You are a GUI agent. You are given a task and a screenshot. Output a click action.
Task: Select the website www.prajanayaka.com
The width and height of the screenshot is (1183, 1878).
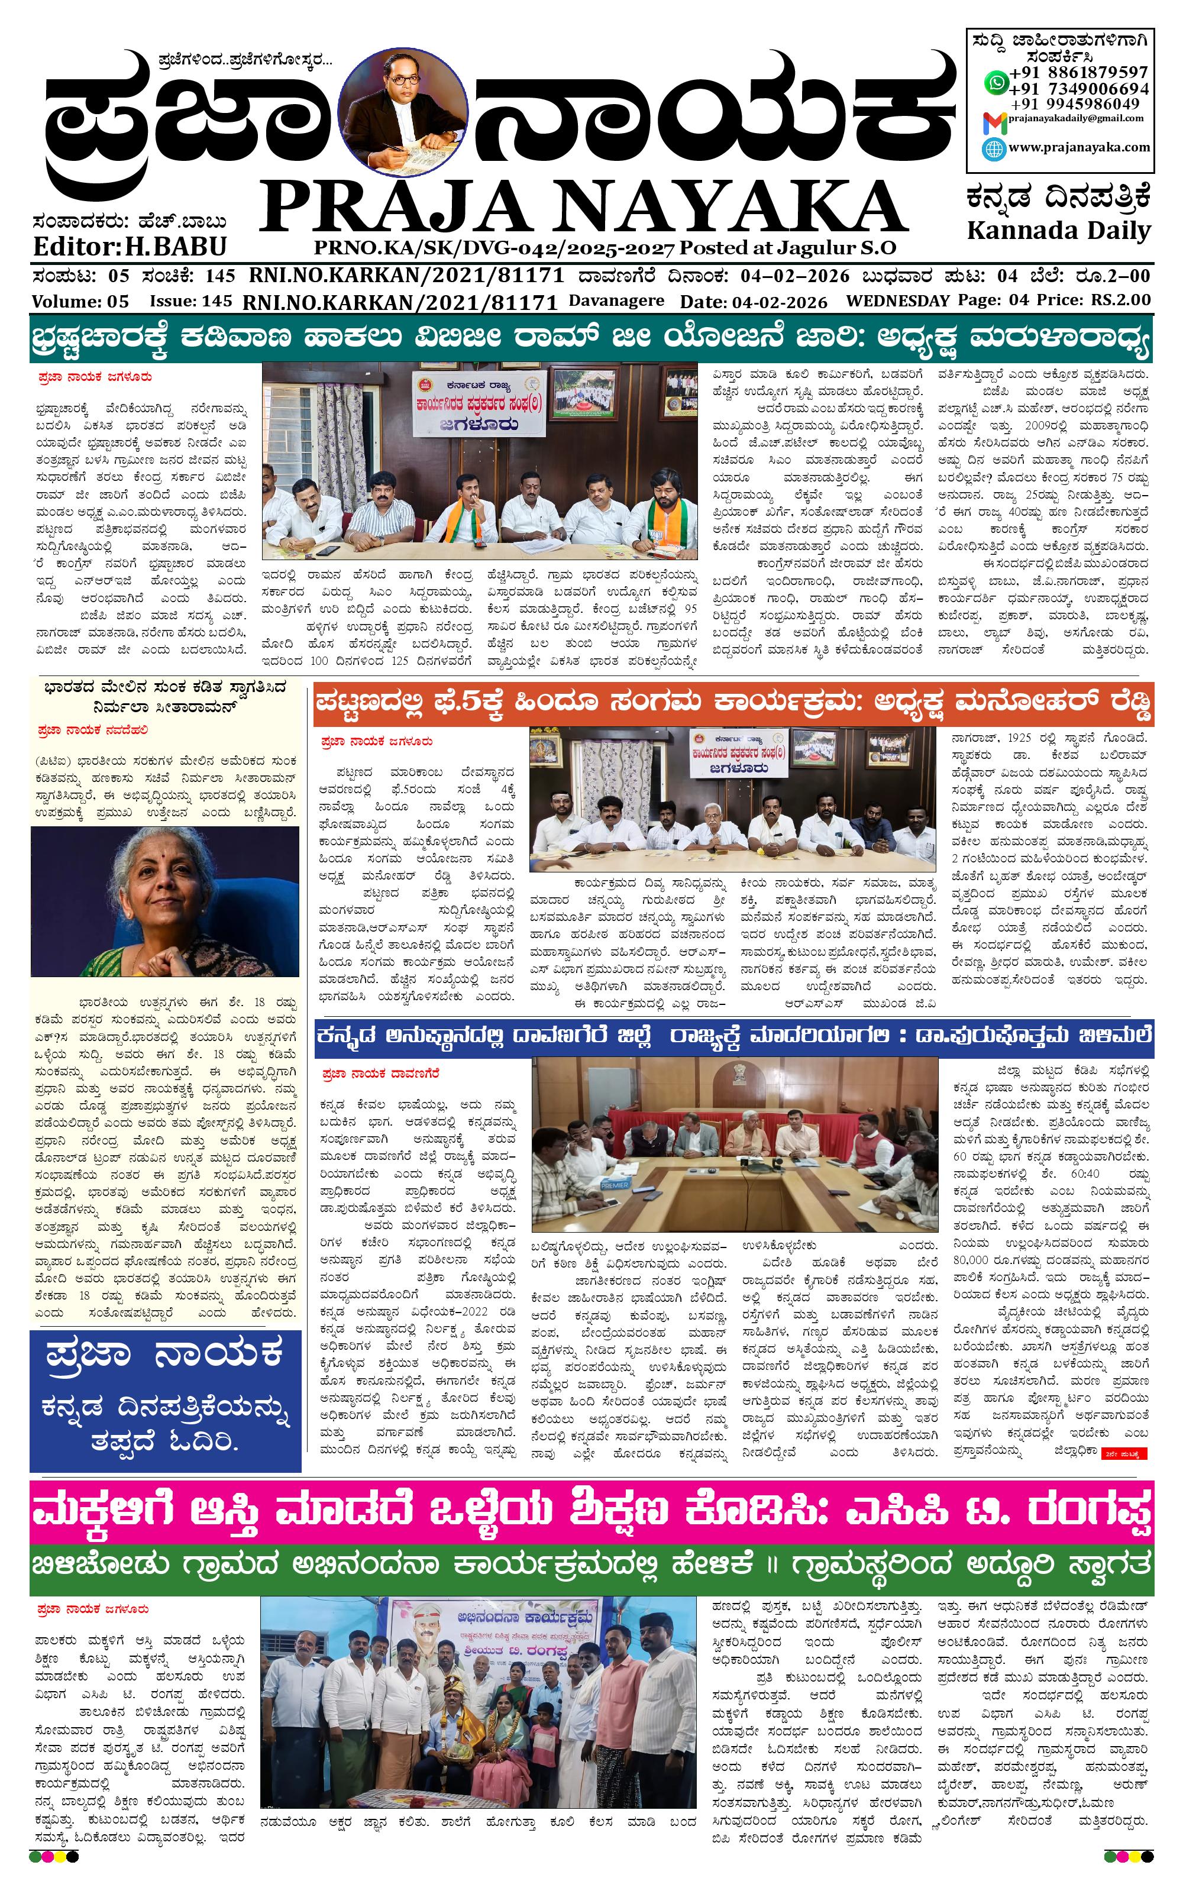(1078, 147)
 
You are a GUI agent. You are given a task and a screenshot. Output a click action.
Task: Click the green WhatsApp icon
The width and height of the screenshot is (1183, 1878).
(995, 80)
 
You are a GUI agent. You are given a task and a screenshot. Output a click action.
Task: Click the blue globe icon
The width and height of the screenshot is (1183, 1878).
(994, 148)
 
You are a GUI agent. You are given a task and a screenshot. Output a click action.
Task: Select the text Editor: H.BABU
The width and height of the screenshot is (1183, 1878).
(130, 247)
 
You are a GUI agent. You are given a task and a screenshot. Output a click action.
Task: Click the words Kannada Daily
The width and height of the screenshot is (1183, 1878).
(1058, 231)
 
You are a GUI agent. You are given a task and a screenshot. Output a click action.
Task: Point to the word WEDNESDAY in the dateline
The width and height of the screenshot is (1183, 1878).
(897, 300)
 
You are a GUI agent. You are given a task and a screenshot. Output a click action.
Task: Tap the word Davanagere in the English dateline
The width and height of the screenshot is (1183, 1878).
(616, 300)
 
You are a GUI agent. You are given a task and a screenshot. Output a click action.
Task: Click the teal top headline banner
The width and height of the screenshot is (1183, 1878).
(591, 338)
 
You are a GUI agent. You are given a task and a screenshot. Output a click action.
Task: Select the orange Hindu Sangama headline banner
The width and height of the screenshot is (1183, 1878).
(733, 705)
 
